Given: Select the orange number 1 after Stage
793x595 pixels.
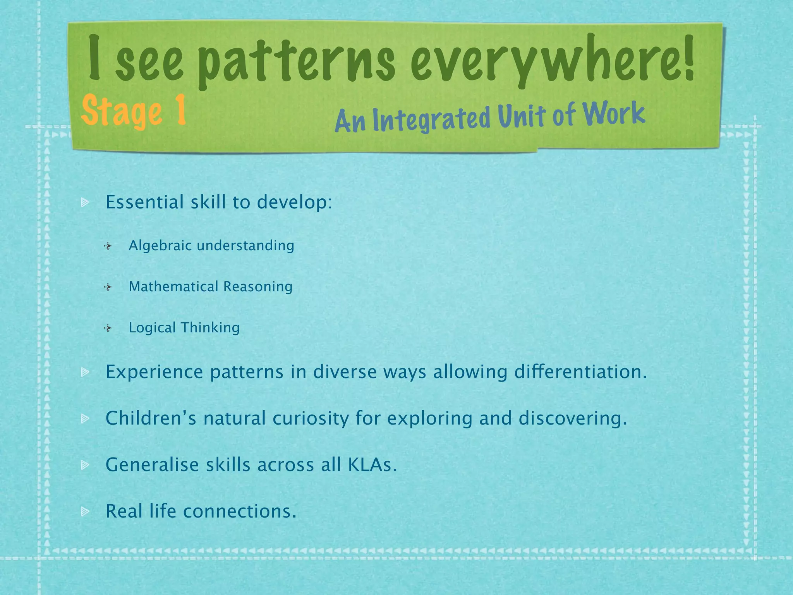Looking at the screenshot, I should (x=179, y=110).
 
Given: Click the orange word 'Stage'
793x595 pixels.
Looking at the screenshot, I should (x=122, y=112).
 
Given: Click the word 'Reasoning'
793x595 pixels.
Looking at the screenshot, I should (x=258, y=287).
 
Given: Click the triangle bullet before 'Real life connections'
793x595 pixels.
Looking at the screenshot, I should (x=85, y=512).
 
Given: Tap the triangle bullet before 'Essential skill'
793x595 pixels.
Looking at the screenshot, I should (x=85, y=203).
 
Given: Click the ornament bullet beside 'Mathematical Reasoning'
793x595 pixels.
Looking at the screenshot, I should (x=108, y=287).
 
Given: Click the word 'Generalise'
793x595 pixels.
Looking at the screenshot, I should (x=152, y=465).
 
